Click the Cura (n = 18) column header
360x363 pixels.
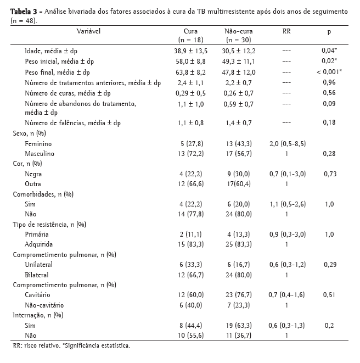pyautogui.click(x=190, y=36)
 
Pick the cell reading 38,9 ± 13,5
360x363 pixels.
pyautogui.click(x=190, y=51)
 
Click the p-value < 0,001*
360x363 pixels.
pyautogui.click(x=329, y=71)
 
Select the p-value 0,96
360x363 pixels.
pyautogui.click(x=329, y=82)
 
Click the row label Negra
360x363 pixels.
pyautogui.click(x=33, y=174)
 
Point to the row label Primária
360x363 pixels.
pyautogui.click(x=37, y=234)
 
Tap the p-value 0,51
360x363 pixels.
pyautogui.click(x=329, y=295)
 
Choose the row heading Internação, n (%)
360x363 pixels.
pyautogui.click(x=37, y=315)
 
